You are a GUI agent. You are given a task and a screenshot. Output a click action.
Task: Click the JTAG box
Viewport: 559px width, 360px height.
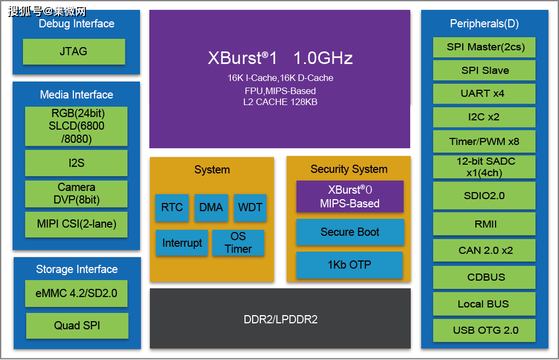(x=74, y=52)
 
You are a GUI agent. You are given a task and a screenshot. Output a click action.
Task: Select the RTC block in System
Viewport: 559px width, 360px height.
(x=172, y=208)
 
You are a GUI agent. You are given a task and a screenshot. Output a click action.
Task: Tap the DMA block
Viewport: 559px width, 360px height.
(x=211, y=208)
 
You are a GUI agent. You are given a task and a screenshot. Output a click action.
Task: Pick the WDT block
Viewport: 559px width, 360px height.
(x=250, y=208)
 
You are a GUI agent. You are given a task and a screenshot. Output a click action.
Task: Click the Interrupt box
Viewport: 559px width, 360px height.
(x=182, y=243)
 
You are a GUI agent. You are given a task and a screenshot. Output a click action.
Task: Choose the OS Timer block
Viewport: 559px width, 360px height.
(x=238, y=243)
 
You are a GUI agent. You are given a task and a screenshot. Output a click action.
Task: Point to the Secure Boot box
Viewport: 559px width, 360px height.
(x=350, y=232)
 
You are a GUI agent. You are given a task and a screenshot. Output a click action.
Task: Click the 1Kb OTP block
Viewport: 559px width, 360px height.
(x=350, y=265)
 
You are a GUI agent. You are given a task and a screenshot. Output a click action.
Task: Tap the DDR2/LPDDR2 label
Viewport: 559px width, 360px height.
(x=280, y=320)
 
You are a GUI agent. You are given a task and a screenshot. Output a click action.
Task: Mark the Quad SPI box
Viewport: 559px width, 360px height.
(x=77, y=326)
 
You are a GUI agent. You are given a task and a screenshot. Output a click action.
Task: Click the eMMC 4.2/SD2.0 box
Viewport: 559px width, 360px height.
(x=77, y=294)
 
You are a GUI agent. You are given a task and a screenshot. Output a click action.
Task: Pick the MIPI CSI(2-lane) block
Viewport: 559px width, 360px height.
(x=77, y=224)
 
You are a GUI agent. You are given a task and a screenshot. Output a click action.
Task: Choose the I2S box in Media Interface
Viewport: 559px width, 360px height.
(x=77, y=163)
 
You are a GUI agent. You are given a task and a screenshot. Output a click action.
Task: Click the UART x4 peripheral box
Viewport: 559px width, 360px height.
(x=484, y=94)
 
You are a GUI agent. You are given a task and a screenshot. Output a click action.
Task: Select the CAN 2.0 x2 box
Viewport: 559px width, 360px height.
(x=484, y=251)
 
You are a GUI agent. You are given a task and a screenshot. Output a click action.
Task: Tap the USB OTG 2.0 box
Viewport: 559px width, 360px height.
(x=484, y=330)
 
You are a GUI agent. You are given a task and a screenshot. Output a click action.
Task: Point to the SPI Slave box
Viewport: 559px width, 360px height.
(x=484, y=71)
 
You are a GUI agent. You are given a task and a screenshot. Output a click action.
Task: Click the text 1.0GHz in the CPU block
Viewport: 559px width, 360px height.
(x=323, y=58)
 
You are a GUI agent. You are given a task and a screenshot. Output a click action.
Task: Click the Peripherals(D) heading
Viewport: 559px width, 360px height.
(x=484, y=24)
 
